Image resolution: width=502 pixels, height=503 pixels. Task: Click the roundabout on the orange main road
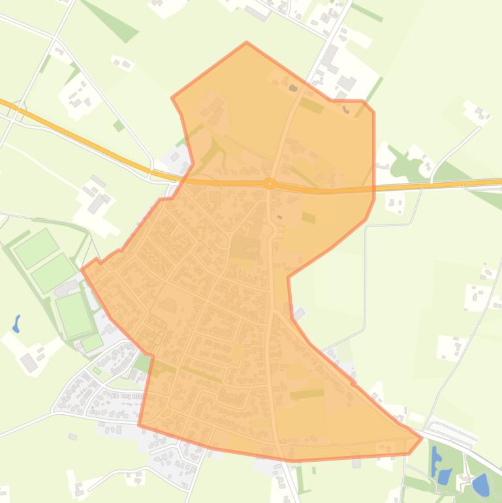coord(269,166)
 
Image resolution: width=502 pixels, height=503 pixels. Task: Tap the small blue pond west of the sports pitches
coord(16,324)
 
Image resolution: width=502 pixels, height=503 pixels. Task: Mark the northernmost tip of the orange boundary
coord(247,43)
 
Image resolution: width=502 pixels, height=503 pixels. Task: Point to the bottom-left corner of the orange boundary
coord(138,425)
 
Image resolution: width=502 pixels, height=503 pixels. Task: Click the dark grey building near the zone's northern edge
coord(293,88)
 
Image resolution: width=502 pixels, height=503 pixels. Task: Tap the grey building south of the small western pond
coord(29,361)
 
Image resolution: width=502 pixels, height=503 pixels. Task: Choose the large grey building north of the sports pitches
coord(97,186)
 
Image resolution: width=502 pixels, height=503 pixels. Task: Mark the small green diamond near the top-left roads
coord(118,125)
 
